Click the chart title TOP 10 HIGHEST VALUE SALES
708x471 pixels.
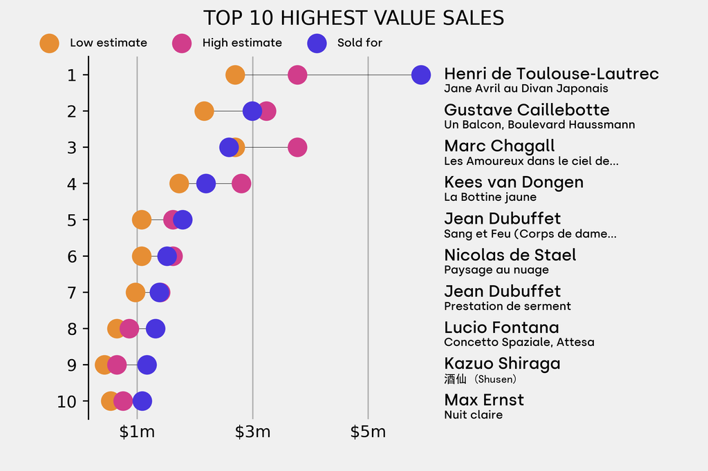click(x=353, y=18)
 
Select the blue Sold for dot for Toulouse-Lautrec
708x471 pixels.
click(x=421, y=75)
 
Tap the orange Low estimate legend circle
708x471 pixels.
click(x=49, y=43)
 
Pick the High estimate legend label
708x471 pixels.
click(x=242, y=43)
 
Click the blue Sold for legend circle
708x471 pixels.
click(x=317, y=43)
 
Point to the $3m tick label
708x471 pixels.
click(x=252, y=433)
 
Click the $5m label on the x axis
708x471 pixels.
click(x=368, y=433)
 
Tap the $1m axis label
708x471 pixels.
click(x=137, y=433)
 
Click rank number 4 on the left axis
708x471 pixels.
click(x=73, y=184)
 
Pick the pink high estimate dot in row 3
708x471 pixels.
click(x=297, y=147)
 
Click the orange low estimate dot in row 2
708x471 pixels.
click(x=204, y=111)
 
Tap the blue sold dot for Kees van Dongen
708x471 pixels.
click(x=206, y=184)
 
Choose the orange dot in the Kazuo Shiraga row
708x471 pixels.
click(x=103, y=365)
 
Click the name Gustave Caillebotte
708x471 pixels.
click(x=527, y=110)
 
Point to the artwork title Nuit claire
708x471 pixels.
click(x=473, y=415)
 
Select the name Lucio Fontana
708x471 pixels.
click(x=501, y=327)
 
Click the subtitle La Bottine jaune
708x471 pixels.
click(x=490, y=198)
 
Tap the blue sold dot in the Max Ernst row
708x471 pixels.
click(x=142, y=401)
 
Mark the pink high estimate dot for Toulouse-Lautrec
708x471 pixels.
click(x=297, y=75)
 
